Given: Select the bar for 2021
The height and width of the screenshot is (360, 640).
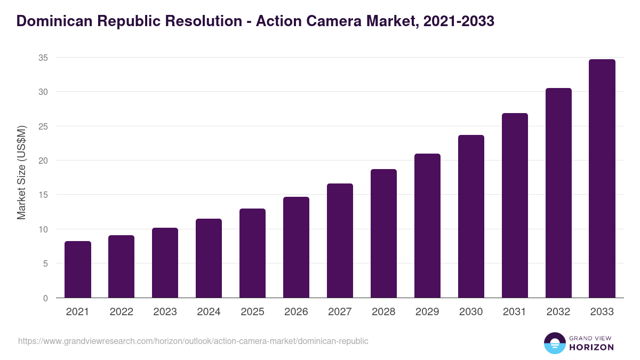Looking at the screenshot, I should (78, 269).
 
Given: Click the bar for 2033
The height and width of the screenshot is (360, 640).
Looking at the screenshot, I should (602, 179).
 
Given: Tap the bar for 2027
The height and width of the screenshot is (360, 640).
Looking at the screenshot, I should (340, 241).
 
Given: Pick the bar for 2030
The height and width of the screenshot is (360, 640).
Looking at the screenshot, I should (471, 217).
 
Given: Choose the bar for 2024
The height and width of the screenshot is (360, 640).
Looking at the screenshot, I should (209, 258).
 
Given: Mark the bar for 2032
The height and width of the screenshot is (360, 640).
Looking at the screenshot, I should (558, 193).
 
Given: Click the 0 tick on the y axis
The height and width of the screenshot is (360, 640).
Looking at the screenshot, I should (45, 298).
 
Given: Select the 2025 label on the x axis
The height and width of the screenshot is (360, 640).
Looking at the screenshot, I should (252, 312).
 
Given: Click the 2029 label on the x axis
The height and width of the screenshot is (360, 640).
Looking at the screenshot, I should (427, 312).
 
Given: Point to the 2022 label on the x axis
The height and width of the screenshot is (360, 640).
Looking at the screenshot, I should (121, 312).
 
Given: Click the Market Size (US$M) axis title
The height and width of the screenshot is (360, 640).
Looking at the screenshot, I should (21, 172).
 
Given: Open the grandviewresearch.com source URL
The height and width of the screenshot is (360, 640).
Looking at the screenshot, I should (193, 341).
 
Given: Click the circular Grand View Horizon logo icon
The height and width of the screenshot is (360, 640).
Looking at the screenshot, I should (555, 343).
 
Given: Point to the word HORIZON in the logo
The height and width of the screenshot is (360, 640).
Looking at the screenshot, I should (591, 347).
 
